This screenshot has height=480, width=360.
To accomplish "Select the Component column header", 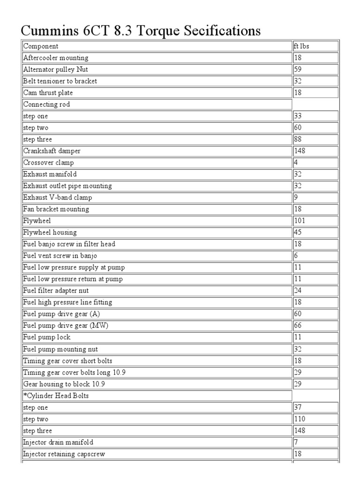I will [x=41, y=46].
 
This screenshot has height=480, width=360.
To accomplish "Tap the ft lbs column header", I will [x=301, y=46].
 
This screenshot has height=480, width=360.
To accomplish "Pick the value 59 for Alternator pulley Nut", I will [x=298, y=69].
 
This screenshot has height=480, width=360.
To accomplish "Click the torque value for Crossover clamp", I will [x=296, y=163].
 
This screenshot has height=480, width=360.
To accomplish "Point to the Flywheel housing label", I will [x=50, y=232].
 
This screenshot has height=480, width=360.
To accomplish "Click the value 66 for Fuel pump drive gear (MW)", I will [x=298, y=326].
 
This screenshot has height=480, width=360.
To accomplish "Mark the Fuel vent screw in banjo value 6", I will [x=296, y=256].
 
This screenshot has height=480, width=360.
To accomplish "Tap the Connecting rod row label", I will [x=46, y=105].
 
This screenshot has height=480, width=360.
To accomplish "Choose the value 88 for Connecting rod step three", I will [x=298, y=139].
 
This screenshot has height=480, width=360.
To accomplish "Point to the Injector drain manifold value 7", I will [x=296, y=442].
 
